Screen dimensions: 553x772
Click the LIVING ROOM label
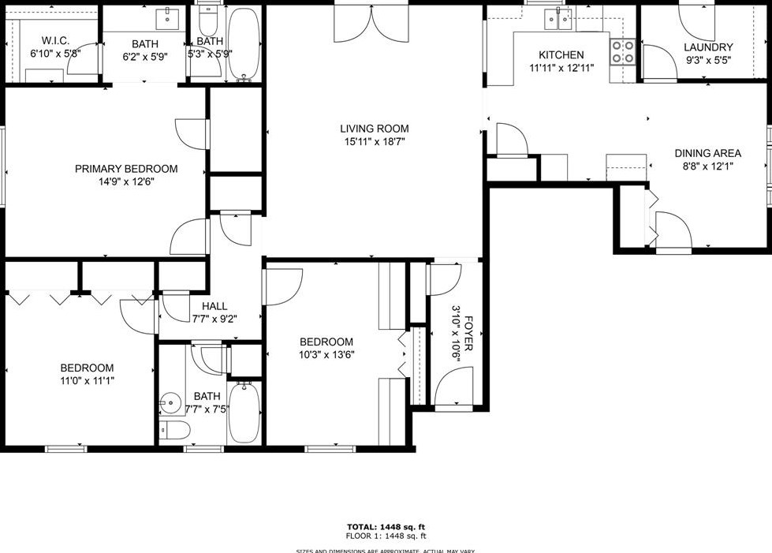pyautogui.click(x=375, y=129)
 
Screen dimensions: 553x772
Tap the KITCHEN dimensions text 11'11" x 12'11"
pyautogui.click(x=561, y=68)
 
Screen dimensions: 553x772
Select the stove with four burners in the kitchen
pyautogui.click(x=623, y=52)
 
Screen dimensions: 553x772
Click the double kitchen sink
pyautogui.click(x=565, y=19)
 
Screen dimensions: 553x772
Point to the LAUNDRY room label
pyautogui.click(x=708, y=47)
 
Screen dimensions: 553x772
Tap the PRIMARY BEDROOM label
pyautogui.click(x=126, y=169)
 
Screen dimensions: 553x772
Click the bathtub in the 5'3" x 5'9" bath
pyautogui.click(x=244, y=43)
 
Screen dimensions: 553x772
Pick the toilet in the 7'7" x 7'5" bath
pyautogui.click(x=174, y=430)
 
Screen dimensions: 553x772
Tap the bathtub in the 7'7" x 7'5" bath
pyautogui.click(x=244, y=412)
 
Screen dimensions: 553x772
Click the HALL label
pyautogui.click(x=214, y=306)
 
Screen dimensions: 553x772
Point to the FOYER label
pyautogui.click(x=468, y=334)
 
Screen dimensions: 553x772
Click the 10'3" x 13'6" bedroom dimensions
pyautogui.click(x=326, y=355)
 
